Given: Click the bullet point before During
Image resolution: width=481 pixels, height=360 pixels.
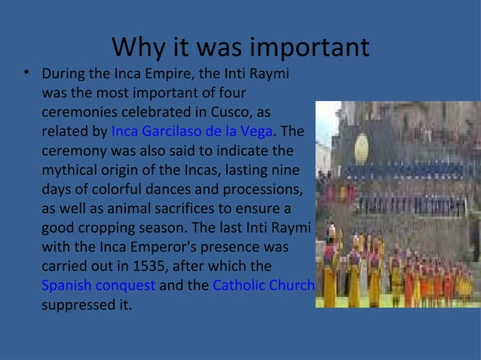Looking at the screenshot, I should tap(26, 74).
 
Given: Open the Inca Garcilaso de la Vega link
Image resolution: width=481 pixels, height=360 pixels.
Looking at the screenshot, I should tap(191, 133).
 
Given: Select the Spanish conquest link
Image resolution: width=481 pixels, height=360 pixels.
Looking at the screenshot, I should tap(99, 286).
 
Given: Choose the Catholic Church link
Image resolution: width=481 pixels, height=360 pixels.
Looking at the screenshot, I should tap(263, 286).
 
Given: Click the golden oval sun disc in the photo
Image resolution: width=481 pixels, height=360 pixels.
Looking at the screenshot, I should tap(361, 149).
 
